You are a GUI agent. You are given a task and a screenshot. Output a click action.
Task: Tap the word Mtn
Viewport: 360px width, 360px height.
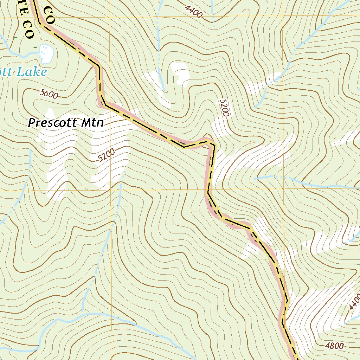point(92,123)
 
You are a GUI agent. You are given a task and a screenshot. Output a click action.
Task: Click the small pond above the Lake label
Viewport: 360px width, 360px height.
point(46,53)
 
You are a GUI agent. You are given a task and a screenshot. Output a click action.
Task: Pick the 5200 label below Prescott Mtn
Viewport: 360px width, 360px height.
point(107,155)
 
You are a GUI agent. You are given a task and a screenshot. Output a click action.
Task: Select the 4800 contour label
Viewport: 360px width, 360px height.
point(334,346)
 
